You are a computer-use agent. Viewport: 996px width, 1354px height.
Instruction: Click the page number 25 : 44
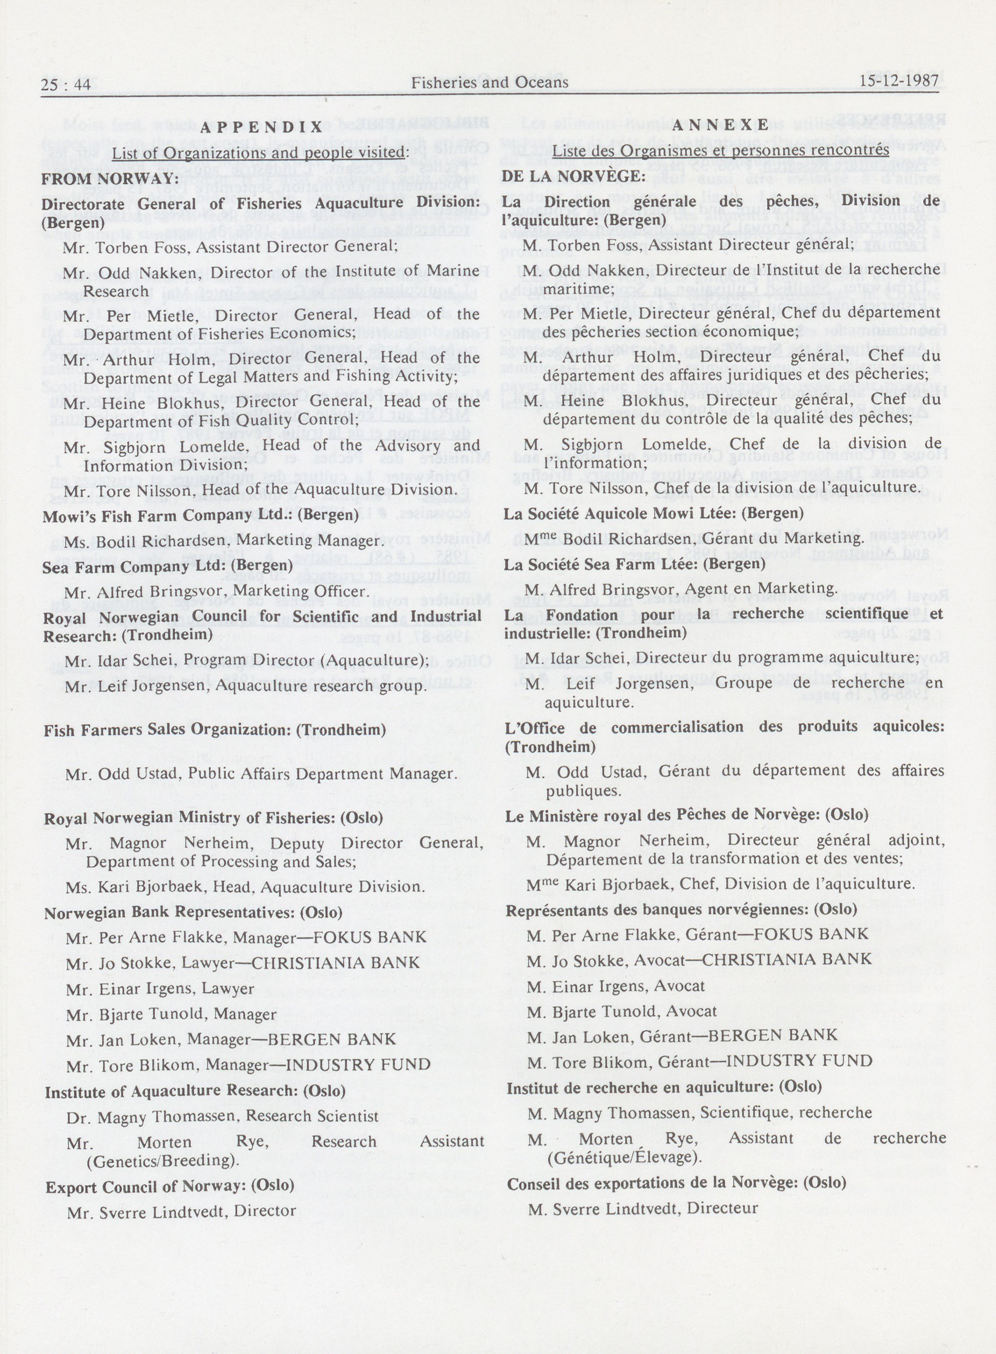tap(66, 85)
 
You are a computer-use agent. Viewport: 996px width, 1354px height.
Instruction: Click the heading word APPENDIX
tap(261, 127)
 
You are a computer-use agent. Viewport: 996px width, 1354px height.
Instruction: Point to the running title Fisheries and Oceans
tap(489, 82)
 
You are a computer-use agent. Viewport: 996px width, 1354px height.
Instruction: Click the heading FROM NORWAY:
tap(109, 179)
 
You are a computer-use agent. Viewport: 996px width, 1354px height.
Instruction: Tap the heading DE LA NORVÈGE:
tap(574, 176)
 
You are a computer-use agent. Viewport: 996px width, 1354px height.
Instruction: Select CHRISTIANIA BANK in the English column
tap(335, 963)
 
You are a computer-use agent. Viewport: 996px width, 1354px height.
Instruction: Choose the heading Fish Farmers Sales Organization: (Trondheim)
tap(215, 730)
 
